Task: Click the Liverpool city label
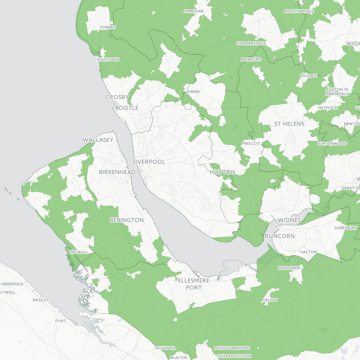click(x=149, y=162)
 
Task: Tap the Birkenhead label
click(x=117, y=172)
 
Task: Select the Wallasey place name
click(x=98, y=140)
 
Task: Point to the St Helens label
click(x=289, y=124)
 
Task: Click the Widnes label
click(x=289, y=220)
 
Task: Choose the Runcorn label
click(x=280, y=236)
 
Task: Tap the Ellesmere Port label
click(x=194, y=284)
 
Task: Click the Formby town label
click(x=108, y=27)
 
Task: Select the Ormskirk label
click(x=194, y=11)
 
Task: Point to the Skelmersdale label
click(x=251, y=43)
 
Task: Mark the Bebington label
click(x=126, y=220)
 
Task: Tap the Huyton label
click(x=222, y=172)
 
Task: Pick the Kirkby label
click(x=194, y=92)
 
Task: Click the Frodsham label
click(x=289, y=268)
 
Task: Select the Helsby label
click(x=270, y=300)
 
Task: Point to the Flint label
click(x=60, y=321)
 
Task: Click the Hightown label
click(x=108, y=59)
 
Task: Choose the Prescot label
click(x=251, y=143)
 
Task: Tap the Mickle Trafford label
click(x=232, y=348)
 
